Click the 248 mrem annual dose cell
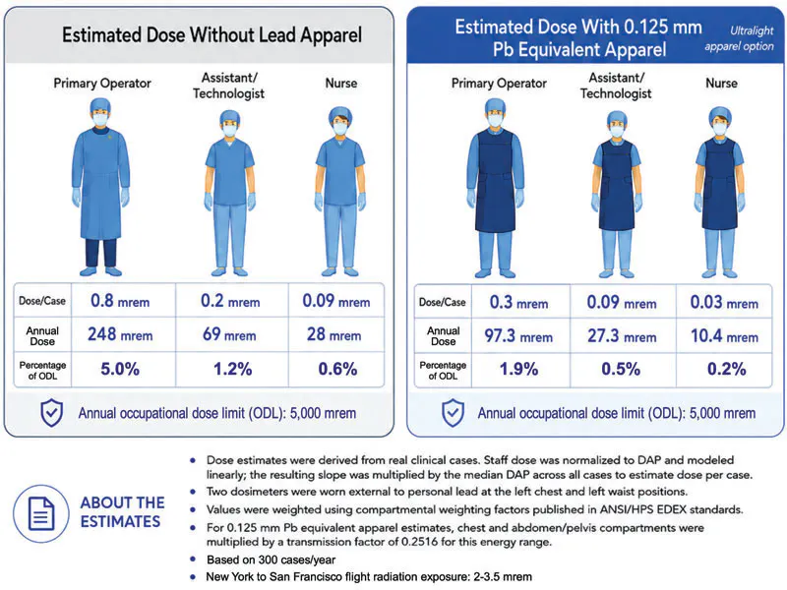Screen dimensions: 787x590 tap(120, 334)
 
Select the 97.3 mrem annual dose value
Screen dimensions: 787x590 tap(518, 336)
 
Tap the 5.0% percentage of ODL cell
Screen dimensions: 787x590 tap(120, 370)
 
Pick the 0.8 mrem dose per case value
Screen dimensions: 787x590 tap(120, 301)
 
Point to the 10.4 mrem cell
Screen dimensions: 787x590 tap(724, 336)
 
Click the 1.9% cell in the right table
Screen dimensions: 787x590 tap(519, 370)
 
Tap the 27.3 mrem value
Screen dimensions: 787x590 tap(622, 336)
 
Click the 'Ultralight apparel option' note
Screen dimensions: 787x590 tap(740, 38)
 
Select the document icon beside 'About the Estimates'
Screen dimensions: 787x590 tap(41, 513)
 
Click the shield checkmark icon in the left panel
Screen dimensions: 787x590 tap(52, 413)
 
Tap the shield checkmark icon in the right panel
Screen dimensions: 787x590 tap(453, 413)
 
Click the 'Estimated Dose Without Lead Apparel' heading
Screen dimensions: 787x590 tap(212, 35)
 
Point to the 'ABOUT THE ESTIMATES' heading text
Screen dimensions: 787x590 tap(122, 512)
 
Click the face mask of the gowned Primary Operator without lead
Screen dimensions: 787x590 tap(100, 119)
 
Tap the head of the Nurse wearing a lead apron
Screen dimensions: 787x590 tap(720, 121)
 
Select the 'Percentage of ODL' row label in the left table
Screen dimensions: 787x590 tap(42, 371)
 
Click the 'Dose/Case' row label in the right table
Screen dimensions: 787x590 tap(442, 303)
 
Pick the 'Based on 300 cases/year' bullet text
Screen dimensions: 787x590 tap(272, 560)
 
